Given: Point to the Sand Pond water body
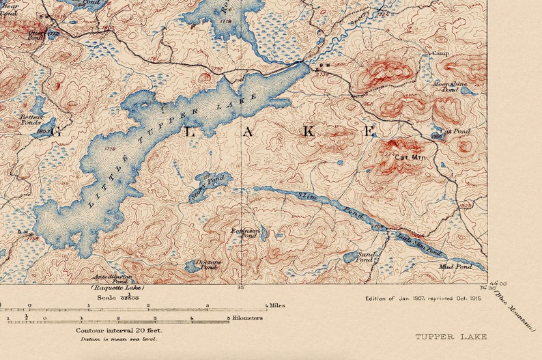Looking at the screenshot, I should pyautogui.click(x=350, y=257).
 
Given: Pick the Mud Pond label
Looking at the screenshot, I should pyautogui.click(x=455, y=266).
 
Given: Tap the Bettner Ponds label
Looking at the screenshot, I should pyautogui.click(x=31, y=121).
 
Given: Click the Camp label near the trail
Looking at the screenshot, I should pyautogui.click(x=440, y=53).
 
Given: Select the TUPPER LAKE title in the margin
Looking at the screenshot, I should pyautogui.click(x=451, y=337).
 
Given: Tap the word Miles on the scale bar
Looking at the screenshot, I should pyautogui.click(x=276, y=305).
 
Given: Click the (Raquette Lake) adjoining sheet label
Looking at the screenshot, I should pyautogui.click(x=117, y=288).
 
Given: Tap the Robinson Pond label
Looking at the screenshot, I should pyautogui.click(x=246, y=233).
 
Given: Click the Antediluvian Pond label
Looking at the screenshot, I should pyautogui.click(x=111, y=279).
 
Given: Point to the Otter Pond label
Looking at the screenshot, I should pyautogui.click(x=35, y=33).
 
